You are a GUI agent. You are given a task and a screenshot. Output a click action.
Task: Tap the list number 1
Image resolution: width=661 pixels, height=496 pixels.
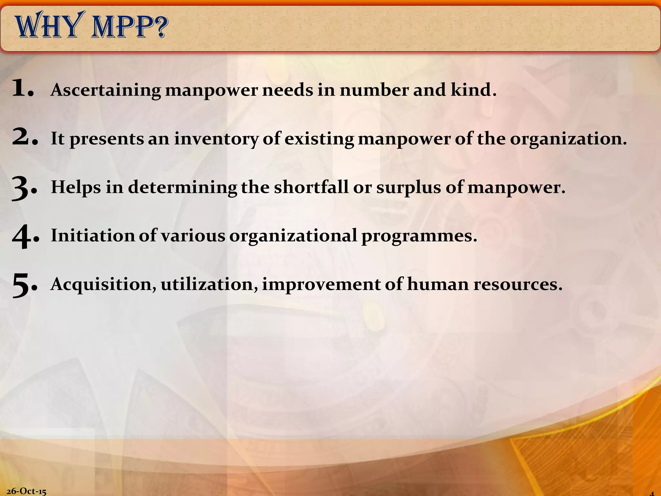click(22, 89)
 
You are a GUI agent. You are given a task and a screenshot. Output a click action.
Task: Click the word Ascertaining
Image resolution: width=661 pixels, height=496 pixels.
click(106, 90)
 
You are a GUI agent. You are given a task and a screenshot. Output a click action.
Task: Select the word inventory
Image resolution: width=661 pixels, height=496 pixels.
click(216, 139)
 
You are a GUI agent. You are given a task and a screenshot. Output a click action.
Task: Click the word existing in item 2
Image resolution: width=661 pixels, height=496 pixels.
click(319, 139)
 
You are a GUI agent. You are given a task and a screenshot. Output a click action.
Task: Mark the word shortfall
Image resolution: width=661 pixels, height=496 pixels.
click(311, 187)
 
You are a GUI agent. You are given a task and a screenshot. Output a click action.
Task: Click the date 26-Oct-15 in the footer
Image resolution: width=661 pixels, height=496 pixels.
click(26, 491)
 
